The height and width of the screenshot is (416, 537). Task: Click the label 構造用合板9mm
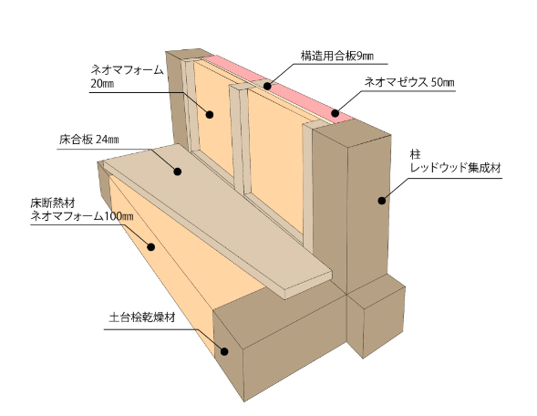point(337,56)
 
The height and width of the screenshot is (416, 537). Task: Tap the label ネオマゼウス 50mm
point(409,83)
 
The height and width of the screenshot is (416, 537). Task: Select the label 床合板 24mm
point(89,140)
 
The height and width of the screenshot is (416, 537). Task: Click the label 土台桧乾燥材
point(142,317)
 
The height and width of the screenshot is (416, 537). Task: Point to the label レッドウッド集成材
point(456,168)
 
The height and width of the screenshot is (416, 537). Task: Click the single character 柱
point(416,154)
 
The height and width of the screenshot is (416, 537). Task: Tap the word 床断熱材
point(53,203)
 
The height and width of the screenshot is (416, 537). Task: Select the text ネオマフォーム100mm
point(82,216)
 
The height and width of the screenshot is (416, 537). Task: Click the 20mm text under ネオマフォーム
point(102,84)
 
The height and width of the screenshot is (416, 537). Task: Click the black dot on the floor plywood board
point(178,172)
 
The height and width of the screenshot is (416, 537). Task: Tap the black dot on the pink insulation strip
point(336,113)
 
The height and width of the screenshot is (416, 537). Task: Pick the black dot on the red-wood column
point(381,201)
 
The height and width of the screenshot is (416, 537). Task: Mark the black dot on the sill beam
point(224,351)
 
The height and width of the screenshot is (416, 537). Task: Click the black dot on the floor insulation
point(151,246)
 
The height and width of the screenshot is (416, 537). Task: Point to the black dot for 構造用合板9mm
point(267,86)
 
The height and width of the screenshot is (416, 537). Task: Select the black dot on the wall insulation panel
point(210,114)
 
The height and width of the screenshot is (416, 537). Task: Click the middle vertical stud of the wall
point(238,137)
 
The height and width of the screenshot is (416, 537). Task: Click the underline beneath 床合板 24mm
point(103,149)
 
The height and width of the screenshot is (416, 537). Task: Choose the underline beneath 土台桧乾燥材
point(150,329)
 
